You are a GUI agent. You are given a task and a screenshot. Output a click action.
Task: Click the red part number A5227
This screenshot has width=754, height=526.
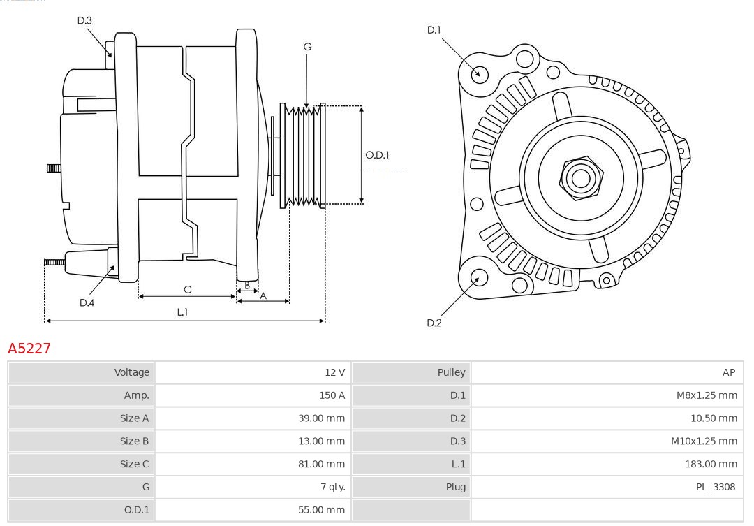[x=29, y=348]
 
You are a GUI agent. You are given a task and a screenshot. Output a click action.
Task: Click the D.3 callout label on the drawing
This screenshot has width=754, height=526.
[x=84, y=20]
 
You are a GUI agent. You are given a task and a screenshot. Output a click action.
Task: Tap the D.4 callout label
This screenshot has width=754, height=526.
[x=87, y=302]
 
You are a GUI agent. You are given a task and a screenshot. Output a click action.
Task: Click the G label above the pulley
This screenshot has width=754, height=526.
[x=307, y=47]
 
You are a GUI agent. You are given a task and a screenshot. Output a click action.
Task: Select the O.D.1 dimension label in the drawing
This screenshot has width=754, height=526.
[x=377, y=155]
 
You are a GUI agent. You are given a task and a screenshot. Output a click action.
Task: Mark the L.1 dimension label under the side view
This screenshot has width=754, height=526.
[x=182, y=312]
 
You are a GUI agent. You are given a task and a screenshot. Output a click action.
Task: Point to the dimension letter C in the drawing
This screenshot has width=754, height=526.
[x=187, y=289]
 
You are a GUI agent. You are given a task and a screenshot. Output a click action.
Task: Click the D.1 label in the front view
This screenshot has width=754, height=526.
[x=434, y=29]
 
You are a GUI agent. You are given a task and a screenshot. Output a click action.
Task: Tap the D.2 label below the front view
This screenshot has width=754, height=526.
[x=434, y=323]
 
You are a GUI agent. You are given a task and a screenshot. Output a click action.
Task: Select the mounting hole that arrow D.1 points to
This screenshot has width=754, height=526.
[x=480, y=73]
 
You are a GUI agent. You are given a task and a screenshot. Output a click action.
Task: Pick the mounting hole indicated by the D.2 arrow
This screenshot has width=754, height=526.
[x=478, y=278]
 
